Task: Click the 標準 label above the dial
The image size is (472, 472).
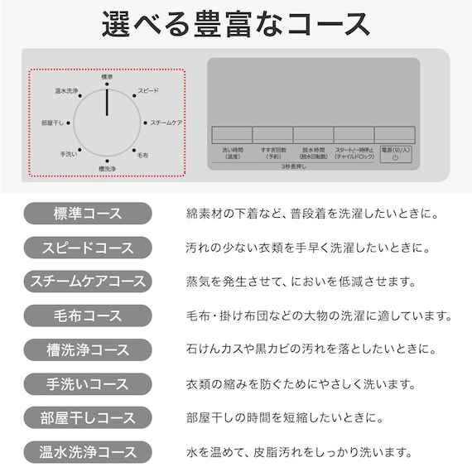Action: (107, 77)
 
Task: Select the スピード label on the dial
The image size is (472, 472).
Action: (148, 90)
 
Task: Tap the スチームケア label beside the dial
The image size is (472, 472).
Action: (166, 123)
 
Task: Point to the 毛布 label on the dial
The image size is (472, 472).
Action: (142, 155)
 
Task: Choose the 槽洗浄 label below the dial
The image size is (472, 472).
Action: (107, 169)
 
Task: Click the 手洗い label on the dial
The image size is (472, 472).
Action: (69, 155)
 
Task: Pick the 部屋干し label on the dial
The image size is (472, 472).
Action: (52, 123)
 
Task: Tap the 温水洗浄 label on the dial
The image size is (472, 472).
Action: (66, 90)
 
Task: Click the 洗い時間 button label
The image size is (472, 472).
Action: (231, 153)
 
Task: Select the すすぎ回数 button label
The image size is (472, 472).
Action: (272, 153)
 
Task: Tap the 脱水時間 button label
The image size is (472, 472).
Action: (313, 153)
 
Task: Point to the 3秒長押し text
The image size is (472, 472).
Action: (293, 166)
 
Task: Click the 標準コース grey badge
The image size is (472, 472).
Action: (87, 214)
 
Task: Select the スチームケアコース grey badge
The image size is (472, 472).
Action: (87, 282)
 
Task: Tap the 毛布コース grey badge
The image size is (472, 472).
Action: (87, 315)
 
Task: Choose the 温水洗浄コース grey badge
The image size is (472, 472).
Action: (87, 452)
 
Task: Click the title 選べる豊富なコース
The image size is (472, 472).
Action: (236, 24)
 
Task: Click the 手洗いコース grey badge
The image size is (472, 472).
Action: (87, 384)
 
